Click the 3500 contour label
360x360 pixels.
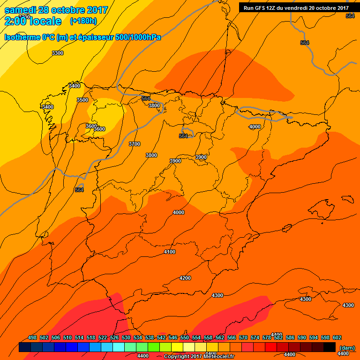pyautogui.click(x=82, y=100)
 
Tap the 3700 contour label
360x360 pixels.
pyautogui.click(x=134, y=144)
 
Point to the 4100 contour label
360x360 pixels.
pyautogui.click(x=170, y=252)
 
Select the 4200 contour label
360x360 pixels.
pyautogui.click(x=185, y=278)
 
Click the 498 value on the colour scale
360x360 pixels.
pyautogui.click(x=32, y=337)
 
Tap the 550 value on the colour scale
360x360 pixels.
pyautogui.click(x=185, y=337)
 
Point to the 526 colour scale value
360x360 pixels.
pyautogui.click(x=114, y=337)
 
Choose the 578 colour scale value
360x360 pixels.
pyautogui.click(x=267, y=337)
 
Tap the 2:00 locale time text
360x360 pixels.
pyautogui.click(x=33, y=21)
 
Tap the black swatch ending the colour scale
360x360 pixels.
pyautogui.click(x=330, y=347)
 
